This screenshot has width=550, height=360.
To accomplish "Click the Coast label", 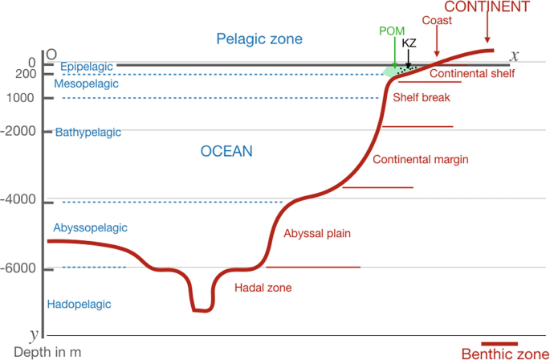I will (436, 20).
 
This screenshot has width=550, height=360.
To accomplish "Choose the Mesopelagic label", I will (86, 83).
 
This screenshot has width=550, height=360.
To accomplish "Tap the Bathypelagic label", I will (87, 132).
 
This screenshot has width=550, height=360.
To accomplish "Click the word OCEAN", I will (226, 151).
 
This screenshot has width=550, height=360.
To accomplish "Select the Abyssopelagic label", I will (91, 228).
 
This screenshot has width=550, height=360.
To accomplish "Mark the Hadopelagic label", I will (79, 305).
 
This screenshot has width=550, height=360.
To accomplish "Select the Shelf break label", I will (421, 98).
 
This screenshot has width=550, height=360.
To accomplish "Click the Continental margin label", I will (421, 159).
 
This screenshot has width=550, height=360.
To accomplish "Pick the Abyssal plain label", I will (318, 233).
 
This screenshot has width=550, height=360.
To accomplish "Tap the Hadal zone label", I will (263, 287).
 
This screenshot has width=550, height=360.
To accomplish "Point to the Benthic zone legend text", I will (503, 353).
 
